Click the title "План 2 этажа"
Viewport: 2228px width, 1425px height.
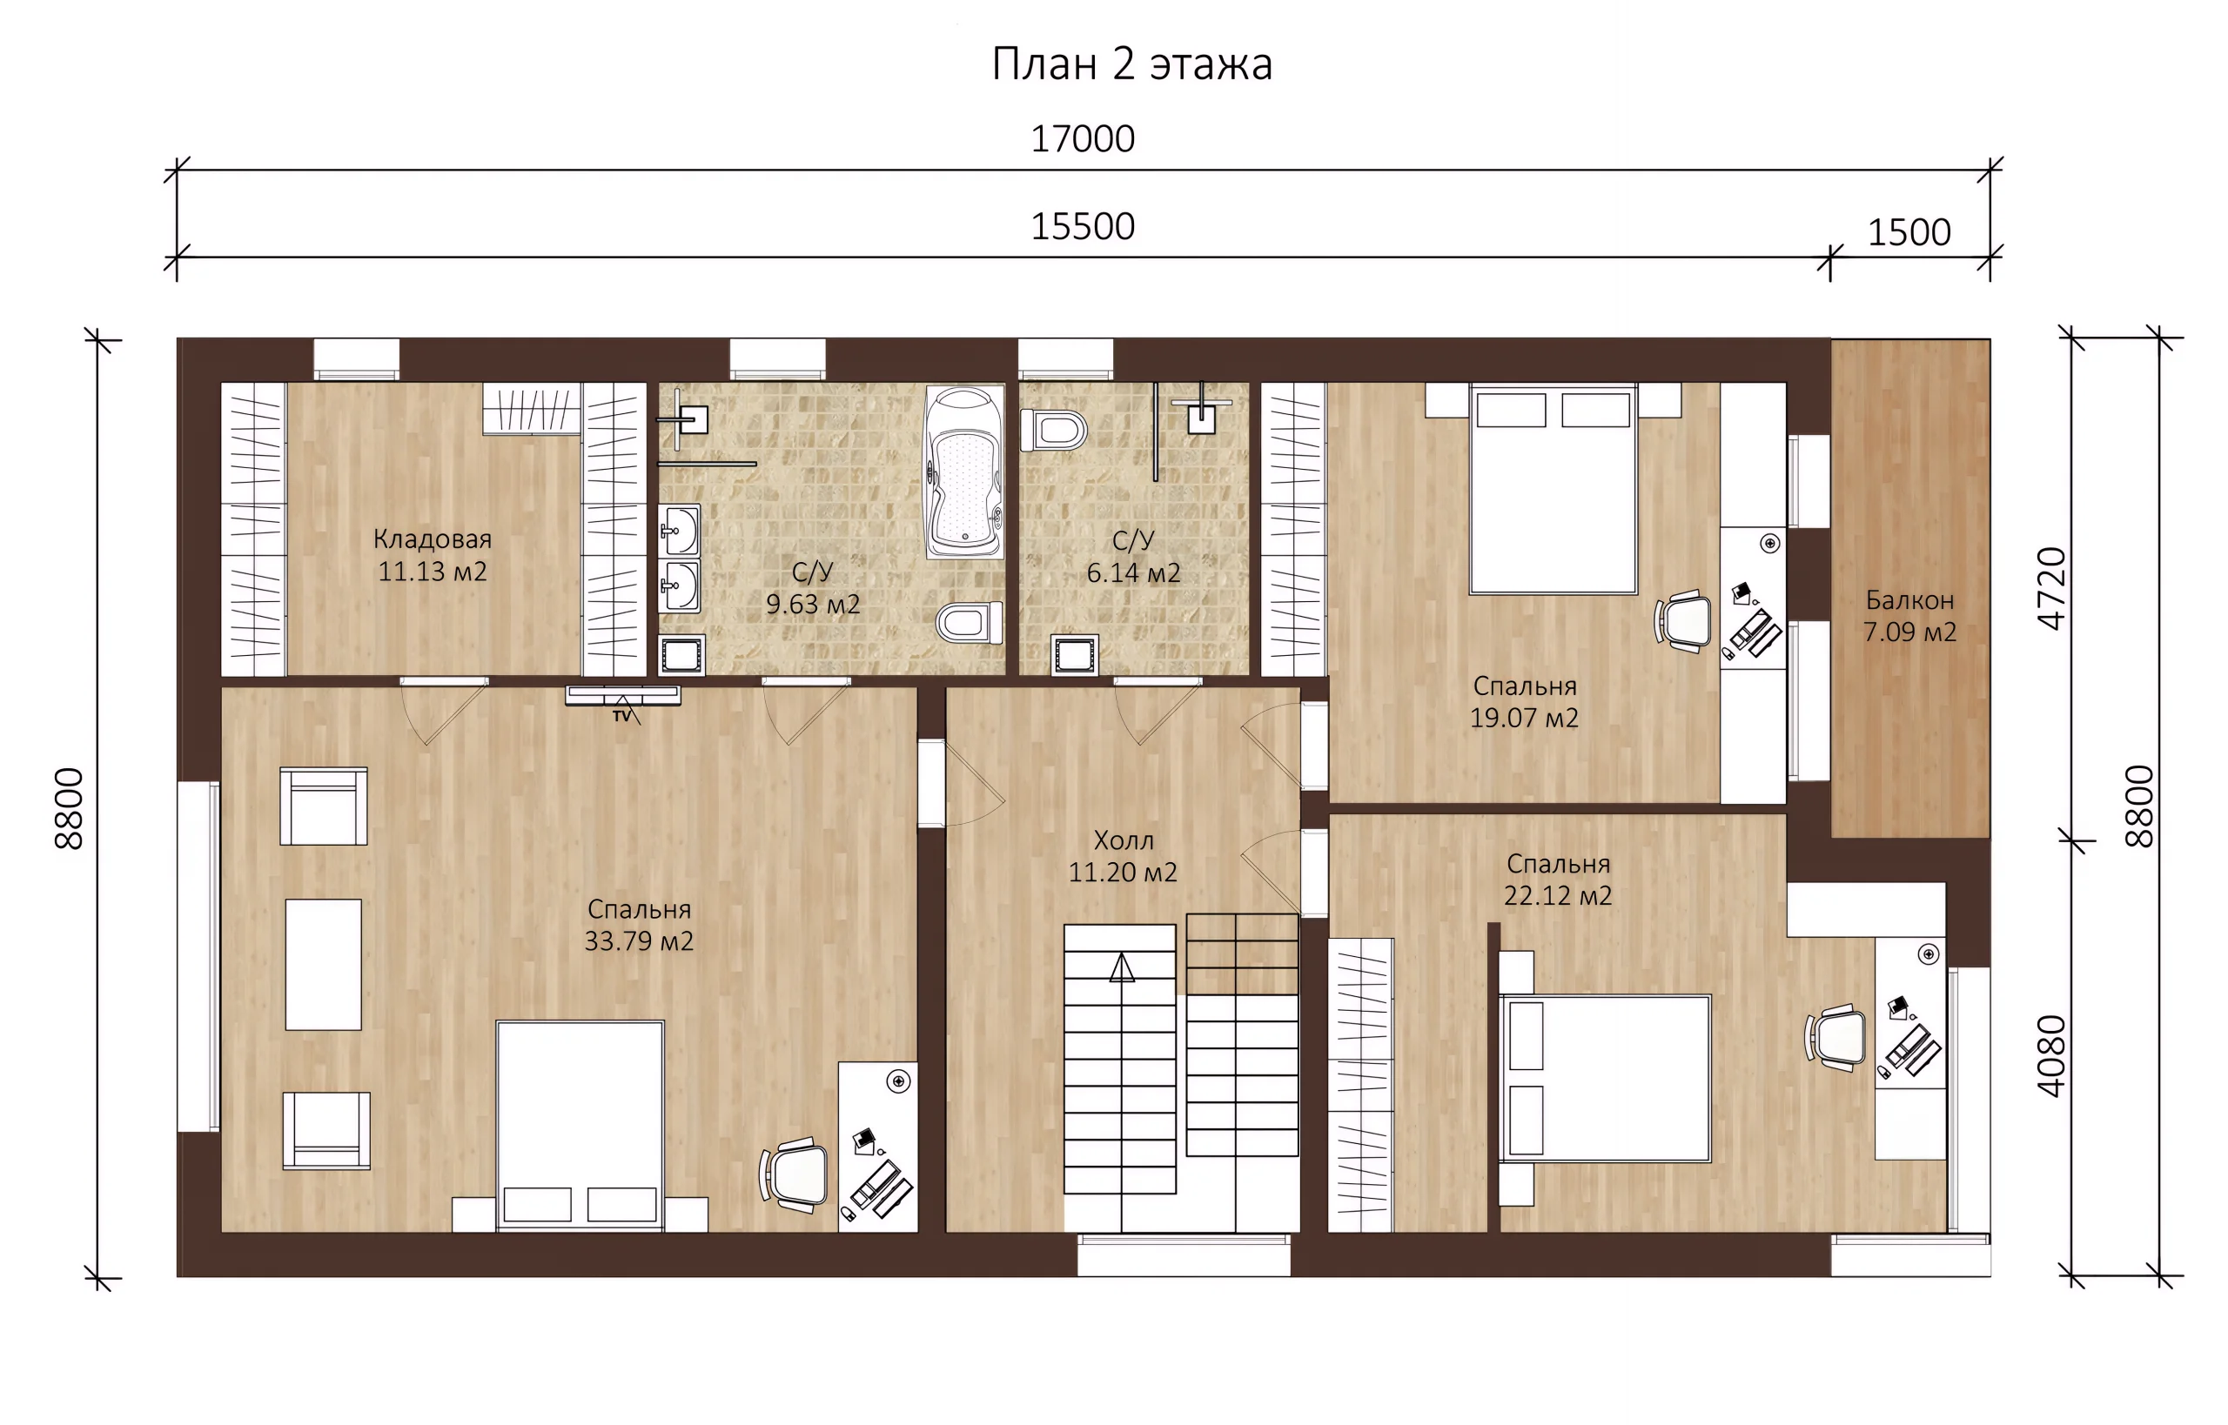coord(1131,64)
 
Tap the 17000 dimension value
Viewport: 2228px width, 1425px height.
coord(1082,139)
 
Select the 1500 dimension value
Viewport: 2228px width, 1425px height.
coord(1909,232)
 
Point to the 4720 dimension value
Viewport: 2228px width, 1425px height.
coord(2052,588)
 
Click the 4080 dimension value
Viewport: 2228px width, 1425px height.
coord(2052,1056)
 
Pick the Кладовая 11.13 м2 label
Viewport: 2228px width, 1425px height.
coord(433,555)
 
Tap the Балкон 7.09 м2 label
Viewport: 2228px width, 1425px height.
coord(1909,616)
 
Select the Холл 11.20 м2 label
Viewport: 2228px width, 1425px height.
coord(1123,856)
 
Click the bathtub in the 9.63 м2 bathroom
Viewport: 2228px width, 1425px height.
coord(964,472)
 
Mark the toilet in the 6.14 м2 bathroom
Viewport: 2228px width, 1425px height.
coord(1053,431)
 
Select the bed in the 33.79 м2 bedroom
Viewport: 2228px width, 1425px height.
coord(580,1126)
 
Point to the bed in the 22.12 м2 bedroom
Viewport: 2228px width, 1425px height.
coord(1605,1078)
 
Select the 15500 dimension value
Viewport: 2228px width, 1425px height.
coord(1082,227)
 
